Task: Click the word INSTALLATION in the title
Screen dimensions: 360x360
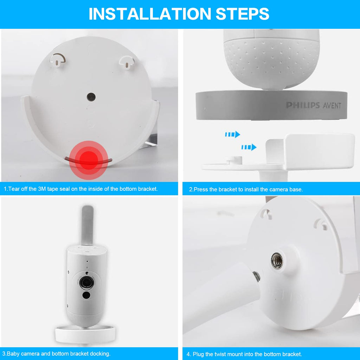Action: [x=150, y=14]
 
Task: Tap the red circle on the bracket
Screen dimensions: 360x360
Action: [x=89, y=160]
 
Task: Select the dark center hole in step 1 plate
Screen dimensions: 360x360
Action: [x=91, y=96]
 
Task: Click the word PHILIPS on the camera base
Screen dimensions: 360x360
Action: [x=303, y=105]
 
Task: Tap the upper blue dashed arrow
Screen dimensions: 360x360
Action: [x=232, y=134]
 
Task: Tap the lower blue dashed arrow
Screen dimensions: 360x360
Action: [x=249, y=147]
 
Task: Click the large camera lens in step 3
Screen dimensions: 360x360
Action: [x=86, y=282]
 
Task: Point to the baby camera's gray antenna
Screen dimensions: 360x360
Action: [x=87, y=225]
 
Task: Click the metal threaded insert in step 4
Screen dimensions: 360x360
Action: [x=277, y=261]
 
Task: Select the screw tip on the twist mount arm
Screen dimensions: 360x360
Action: [x=257, y=276]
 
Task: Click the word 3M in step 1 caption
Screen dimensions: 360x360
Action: [x=44, y=189]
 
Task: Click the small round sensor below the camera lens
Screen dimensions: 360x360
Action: [x=86, y=295]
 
